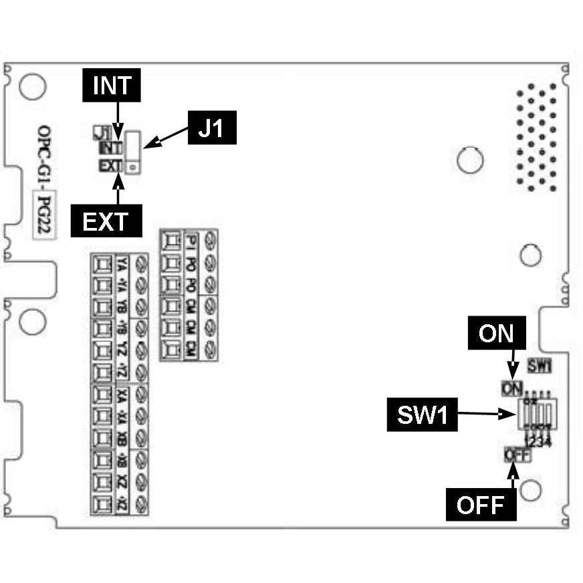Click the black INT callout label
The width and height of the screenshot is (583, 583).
(112, 86)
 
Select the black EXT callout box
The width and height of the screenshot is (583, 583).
(106, 221)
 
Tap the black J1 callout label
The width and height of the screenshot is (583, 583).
(213, 128)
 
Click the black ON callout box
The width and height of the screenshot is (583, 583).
(496, 332)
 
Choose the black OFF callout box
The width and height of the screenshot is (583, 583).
(480, 505)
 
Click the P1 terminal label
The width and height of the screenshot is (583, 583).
(192, 240)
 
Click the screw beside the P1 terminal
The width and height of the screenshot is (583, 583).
(211, 239)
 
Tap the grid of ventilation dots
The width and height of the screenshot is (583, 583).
(537, 137)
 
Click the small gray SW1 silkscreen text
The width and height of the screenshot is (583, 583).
(538, 366)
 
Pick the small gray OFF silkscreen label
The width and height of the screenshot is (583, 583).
(517, 455)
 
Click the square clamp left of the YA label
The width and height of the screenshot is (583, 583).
(102, 265)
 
